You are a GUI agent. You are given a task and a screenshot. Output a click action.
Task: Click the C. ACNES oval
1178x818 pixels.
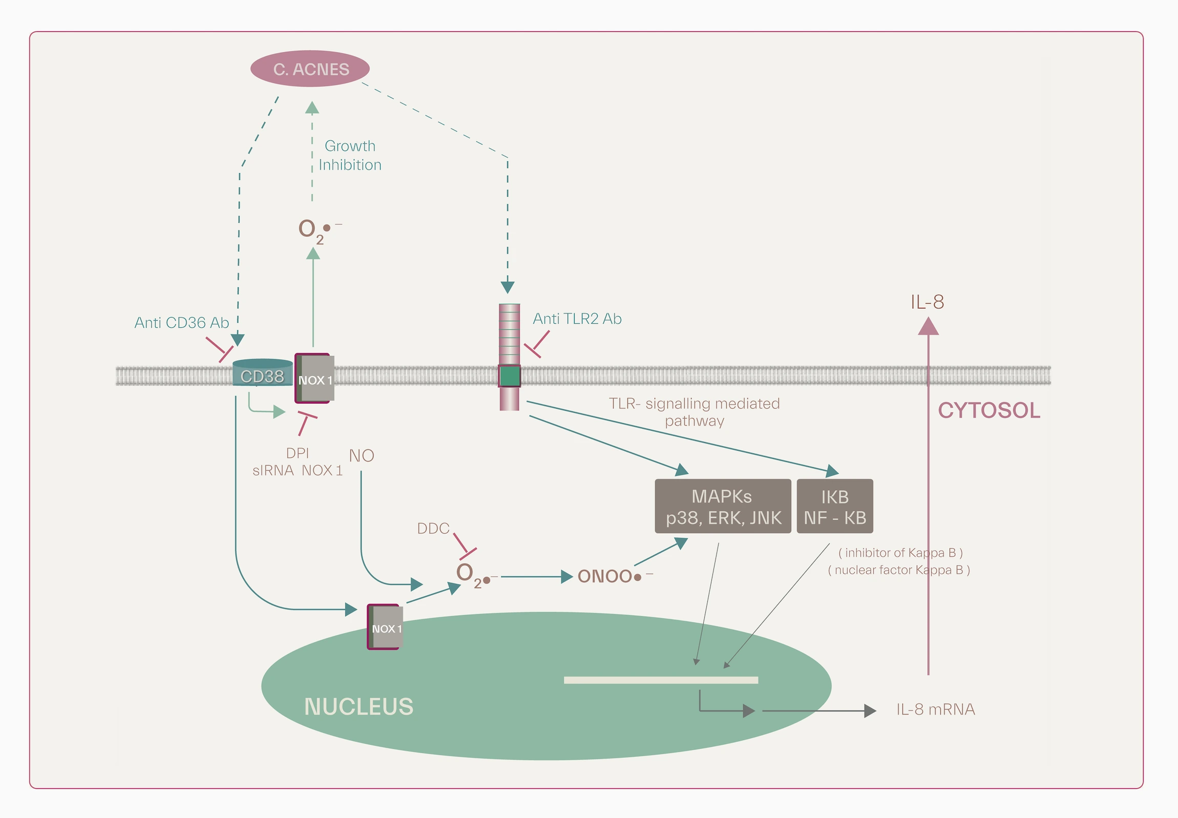[309, 69]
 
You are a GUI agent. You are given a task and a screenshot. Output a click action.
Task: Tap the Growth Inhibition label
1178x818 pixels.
[350, 155]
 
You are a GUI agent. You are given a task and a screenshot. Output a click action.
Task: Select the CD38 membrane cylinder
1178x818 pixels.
[262, 373]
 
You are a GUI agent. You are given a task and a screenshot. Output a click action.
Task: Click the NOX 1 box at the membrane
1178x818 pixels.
[314, 379]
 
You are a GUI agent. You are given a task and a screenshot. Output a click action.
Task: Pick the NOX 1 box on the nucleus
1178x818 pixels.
[385, 627]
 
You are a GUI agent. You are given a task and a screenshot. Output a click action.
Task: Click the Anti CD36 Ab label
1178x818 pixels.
[181, 323]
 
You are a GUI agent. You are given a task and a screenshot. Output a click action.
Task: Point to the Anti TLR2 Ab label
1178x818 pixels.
[577, 319]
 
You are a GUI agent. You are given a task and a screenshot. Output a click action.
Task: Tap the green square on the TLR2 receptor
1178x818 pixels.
[509, 375]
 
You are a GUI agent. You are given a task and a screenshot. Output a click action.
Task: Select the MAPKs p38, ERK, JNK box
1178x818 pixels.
[723, 507]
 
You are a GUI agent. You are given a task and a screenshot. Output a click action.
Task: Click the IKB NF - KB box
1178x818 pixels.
[834, 507]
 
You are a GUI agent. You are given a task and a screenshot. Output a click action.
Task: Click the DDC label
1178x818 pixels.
[433, 529]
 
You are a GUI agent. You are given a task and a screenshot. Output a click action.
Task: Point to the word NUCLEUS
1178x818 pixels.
[359, 707]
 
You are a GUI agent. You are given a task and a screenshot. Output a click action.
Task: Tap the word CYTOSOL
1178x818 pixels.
[988, 411]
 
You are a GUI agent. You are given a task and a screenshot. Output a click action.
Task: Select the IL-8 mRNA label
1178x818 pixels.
[935, 709]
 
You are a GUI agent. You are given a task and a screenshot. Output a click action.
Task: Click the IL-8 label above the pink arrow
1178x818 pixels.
[927, 302]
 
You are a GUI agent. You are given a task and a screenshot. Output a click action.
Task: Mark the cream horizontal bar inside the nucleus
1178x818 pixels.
[661, 680]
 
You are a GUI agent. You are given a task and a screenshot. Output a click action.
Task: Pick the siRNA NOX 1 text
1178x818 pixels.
[297, 470]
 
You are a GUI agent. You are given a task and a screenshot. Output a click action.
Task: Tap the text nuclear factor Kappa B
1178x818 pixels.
[899, 570]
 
